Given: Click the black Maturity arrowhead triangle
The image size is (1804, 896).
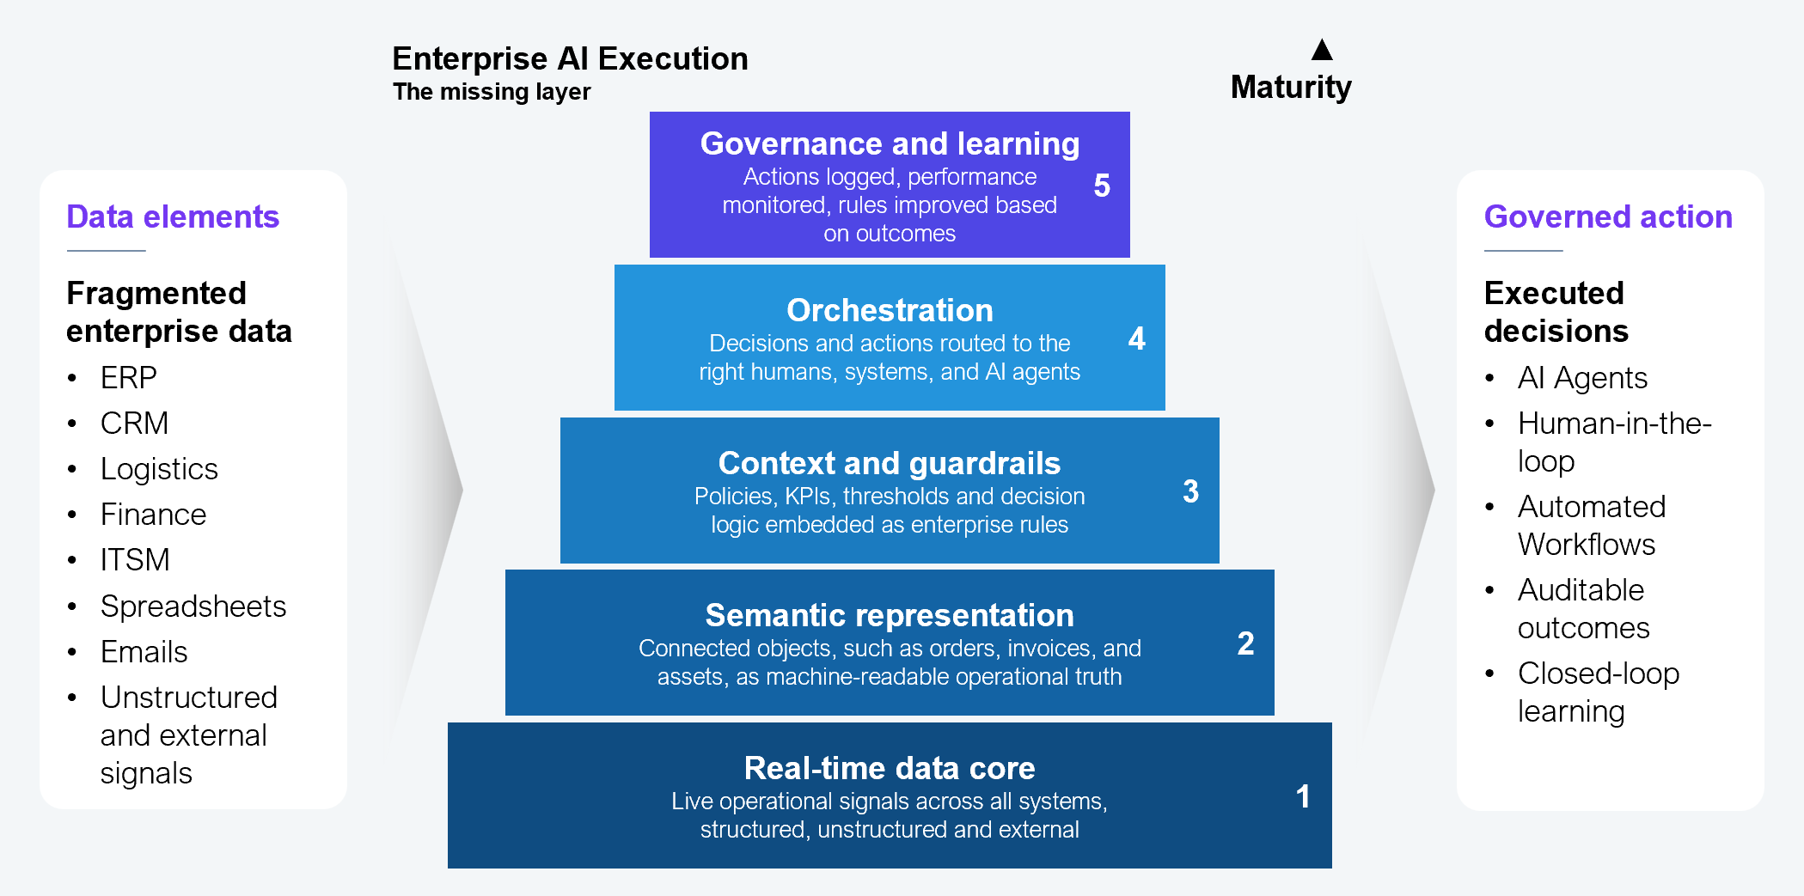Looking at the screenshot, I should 1322,51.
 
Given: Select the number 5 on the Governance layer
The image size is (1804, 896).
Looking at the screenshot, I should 1102,186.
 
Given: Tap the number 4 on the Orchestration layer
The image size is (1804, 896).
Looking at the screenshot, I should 1136,338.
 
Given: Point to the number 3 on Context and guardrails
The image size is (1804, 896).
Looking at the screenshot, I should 1190,491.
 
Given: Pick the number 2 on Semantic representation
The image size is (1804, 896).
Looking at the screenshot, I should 1245,643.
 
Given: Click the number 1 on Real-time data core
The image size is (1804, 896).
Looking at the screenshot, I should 1303,796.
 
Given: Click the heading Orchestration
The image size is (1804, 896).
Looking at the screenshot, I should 890,310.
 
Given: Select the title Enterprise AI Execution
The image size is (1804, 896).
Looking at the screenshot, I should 570,58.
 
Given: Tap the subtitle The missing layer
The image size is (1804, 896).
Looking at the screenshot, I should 492,92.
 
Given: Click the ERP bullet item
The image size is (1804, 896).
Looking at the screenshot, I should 128,378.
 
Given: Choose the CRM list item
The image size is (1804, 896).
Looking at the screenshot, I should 134,424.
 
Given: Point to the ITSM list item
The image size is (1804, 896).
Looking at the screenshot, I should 135,560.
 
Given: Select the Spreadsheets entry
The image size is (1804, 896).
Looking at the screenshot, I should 193,606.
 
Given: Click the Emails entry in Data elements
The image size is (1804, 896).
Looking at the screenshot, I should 144,652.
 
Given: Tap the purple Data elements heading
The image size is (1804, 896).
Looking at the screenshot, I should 173,217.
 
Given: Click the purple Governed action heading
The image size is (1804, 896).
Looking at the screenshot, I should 1608,217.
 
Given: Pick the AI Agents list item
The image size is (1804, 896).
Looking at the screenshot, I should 1581,378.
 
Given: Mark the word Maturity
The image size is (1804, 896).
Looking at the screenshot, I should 1291,88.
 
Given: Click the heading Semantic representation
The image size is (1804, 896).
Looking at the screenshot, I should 890,615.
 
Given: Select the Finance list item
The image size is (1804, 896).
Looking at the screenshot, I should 153,515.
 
